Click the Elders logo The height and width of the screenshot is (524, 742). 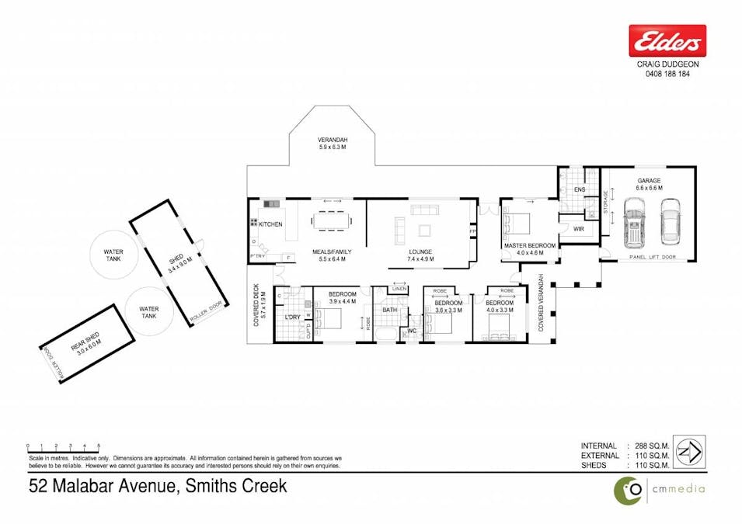[x=667, y=40]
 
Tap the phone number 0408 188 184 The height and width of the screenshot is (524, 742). [x=667, y=75]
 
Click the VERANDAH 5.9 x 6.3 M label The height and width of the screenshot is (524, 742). [x=332, y=144]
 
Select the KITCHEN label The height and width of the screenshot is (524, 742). [x=270, y=224]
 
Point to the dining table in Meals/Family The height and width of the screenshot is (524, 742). [x=331, y=222]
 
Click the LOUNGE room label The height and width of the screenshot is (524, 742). [x=420, y=252]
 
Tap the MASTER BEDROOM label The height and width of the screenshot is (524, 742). [x=530, y=246]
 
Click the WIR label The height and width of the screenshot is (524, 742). [x=578, y=229]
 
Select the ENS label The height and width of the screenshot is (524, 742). [x=579, y=189]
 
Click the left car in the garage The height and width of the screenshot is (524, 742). [x=635, y=220]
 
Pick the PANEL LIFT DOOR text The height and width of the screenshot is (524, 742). [x=653, y=255]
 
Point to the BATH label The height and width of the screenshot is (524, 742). [x=389, y=310]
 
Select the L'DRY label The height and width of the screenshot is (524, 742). [x=293, y=318]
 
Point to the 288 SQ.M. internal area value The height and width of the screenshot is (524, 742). [x=651, y=446]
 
